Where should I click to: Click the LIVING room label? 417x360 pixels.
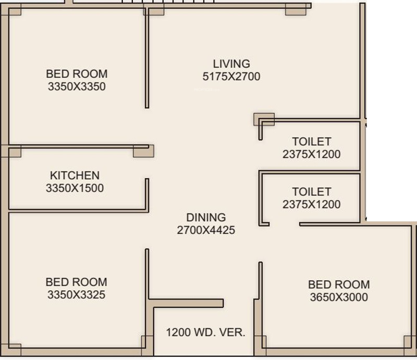tap(231, 64)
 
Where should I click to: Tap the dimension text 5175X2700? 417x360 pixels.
tap(231, 77)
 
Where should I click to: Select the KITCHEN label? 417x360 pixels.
tap(75, 176)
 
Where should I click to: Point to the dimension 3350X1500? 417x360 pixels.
tap(75, 189)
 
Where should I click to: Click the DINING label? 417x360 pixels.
tap(206, 217)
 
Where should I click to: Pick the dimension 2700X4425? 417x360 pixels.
tap(206, 230)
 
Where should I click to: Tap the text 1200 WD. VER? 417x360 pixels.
tap(205, 332)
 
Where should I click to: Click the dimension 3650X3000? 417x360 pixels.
tap(339, 297)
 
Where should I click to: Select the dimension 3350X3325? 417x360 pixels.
tap(77, 295)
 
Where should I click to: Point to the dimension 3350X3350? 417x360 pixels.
tap(77, 87)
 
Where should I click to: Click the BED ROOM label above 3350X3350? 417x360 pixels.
tap(77, 74)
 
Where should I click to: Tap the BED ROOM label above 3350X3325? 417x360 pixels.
tap(77, 282)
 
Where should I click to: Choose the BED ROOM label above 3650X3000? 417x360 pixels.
tap(339, 284)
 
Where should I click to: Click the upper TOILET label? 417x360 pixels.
tap(311, 141)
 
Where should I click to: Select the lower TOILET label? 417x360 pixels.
tap(311, 192)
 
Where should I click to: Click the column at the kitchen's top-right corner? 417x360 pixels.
tap(143, 151)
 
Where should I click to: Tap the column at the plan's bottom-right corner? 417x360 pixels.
tap(410, 342)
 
